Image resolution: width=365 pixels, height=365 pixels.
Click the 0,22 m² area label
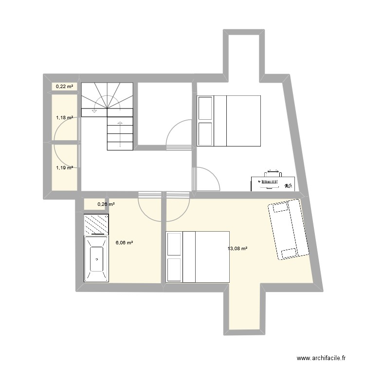click(65, 87)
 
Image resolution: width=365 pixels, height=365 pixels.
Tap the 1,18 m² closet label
click(64, 118)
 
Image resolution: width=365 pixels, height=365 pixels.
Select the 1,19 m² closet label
click(64, 167)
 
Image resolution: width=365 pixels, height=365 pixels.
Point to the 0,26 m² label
click(106, 204)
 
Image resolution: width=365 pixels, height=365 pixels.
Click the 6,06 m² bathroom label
click(124, 242)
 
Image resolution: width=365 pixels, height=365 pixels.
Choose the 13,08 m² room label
click(237, 249)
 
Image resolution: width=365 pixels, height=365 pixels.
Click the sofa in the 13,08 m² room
click(288, 229)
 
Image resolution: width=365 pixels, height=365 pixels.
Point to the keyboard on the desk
click(268, 183)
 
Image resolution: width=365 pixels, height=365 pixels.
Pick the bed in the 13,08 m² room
click(198, 256)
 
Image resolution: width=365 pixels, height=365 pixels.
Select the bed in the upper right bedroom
click(229, 121)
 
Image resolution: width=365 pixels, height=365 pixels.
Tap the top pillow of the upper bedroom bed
click(205, 108)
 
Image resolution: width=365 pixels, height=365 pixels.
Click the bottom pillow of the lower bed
click(174, 270)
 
